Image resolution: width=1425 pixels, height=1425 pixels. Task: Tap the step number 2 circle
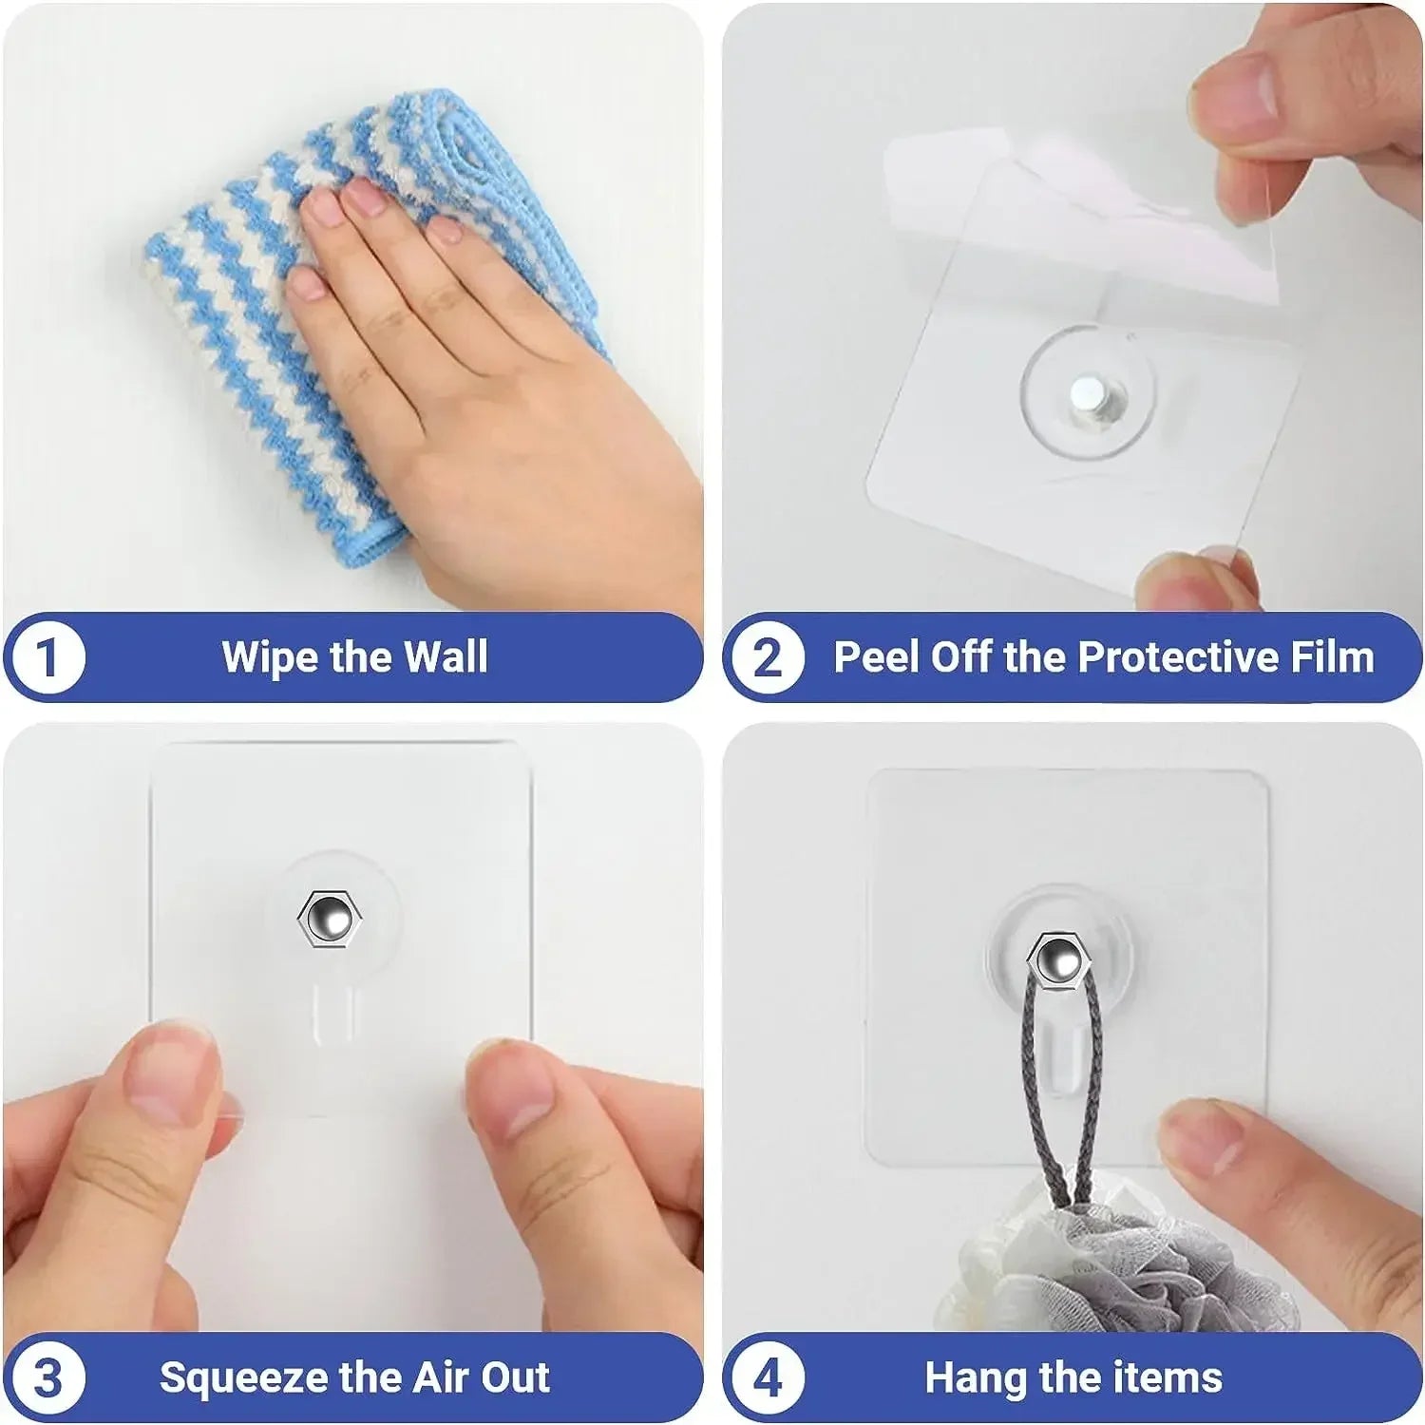tap(767, 657)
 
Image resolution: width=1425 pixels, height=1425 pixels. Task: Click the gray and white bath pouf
tap(1092, 1263)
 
